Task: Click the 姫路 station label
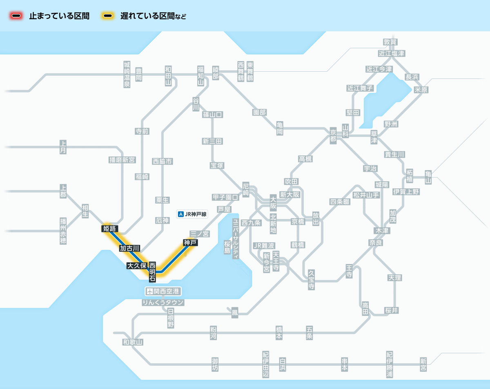point(109,229)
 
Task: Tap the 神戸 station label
point(190,242)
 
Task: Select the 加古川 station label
point(129,248)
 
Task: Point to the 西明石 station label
point(152,272)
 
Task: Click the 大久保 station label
point(137,266)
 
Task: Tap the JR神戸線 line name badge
point(192,214)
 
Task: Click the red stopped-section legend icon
point(16,16)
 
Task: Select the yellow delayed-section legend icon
point(108,16)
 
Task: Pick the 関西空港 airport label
point(163,291)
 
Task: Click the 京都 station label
point(333,136)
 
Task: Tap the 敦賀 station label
point(390,42)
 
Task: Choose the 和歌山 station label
point(133,342)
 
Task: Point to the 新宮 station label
point(423,365)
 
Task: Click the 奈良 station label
point(376,242)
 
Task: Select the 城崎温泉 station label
point(127,74)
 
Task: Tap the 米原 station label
point(421,90)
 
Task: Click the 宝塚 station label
point(217,165)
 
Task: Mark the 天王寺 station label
point(276,261)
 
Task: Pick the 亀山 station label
point(428,177)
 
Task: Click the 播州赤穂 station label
point(63,231)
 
